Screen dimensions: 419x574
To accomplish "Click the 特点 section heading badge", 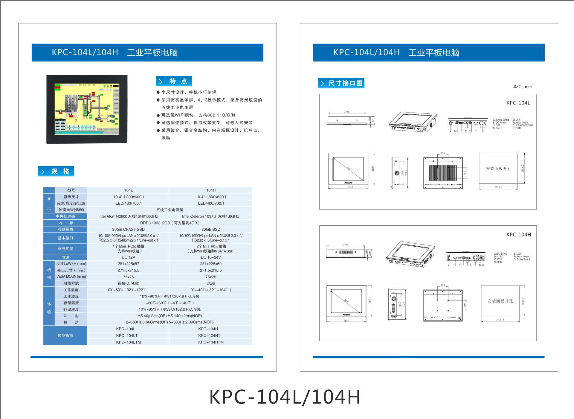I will point(174,81).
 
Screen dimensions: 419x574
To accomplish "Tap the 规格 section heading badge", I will point(56,171).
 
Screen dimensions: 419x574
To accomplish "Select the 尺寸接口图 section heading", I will point(341,83).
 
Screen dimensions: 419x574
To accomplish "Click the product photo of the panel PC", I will point(87,109).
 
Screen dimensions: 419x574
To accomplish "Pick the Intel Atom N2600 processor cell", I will point(128,216).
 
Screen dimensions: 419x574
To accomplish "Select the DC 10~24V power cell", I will point(210,257).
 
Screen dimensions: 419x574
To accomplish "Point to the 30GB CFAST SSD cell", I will point(128,230).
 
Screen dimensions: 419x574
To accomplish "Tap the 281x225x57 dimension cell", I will point(128,264).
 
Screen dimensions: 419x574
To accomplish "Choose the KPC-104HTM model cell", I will point(211,342).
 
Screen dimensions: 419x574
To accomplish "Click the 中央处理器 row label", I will point(65,216).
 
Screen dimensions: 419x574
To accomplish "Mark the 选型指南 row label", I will point(65,335).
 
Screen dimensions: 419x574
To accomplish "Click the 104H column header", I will point(211,190).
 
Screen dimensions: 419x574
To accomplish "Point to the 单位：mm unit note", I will point(522,87).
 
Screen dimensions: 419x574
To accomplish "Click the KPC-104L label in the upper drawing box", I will point(518,103).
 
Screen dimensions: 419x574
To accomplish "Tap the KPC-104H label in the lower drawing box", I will point(519,235).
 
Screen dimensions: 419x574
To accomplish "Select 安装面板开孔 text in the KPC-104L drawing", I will point(498,169).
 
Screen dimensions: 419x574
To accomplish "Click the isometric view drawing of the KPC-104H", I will point(410,255).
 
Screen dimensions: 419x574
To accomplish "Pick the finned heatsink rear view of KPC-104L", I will point(443,173).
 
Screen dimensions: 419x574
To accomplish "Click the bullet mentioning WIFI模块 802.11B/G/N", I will point(198,115).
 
